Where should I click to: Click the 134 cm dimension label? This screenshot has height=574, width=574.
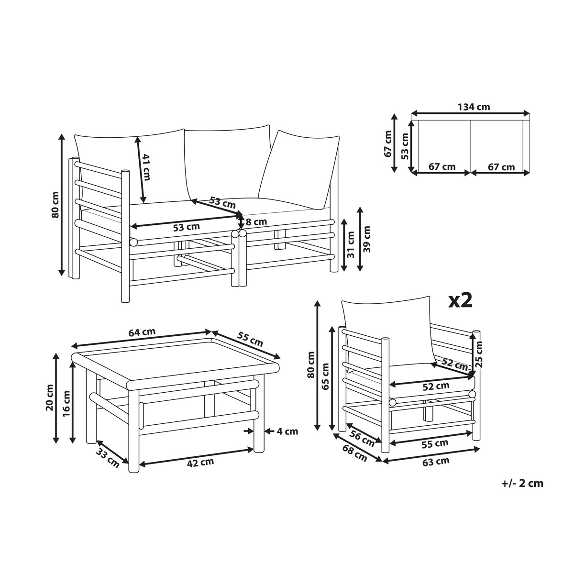tap(474, 107)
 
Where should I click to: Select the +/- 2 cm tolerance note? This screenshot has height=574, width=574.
tap(522, 483)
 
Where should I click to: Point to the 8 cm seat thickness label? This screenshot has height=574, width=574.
tap(256, 221)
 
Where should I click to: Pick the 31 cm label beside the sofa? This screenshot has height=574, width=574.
tap(351, 244)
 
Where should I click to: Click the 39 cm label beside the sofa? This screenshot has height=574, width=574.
tap(367, 239)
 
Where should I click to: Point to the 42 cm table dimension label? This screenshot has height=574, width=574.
tap(200, 462)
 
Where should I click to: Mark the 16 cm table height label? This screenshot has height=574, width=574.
tap(66, 403)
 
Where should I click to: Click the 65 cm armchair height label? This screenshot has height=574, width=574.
tap(325, 376)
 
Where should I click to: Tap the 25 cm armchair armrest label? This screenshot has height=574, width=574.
tap(479, 353)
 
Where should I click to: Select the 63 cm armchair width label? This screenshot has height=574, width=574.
tap(436, 462)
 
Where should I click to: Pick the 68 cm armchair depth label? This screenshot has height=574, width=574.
tap(354, 453)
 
